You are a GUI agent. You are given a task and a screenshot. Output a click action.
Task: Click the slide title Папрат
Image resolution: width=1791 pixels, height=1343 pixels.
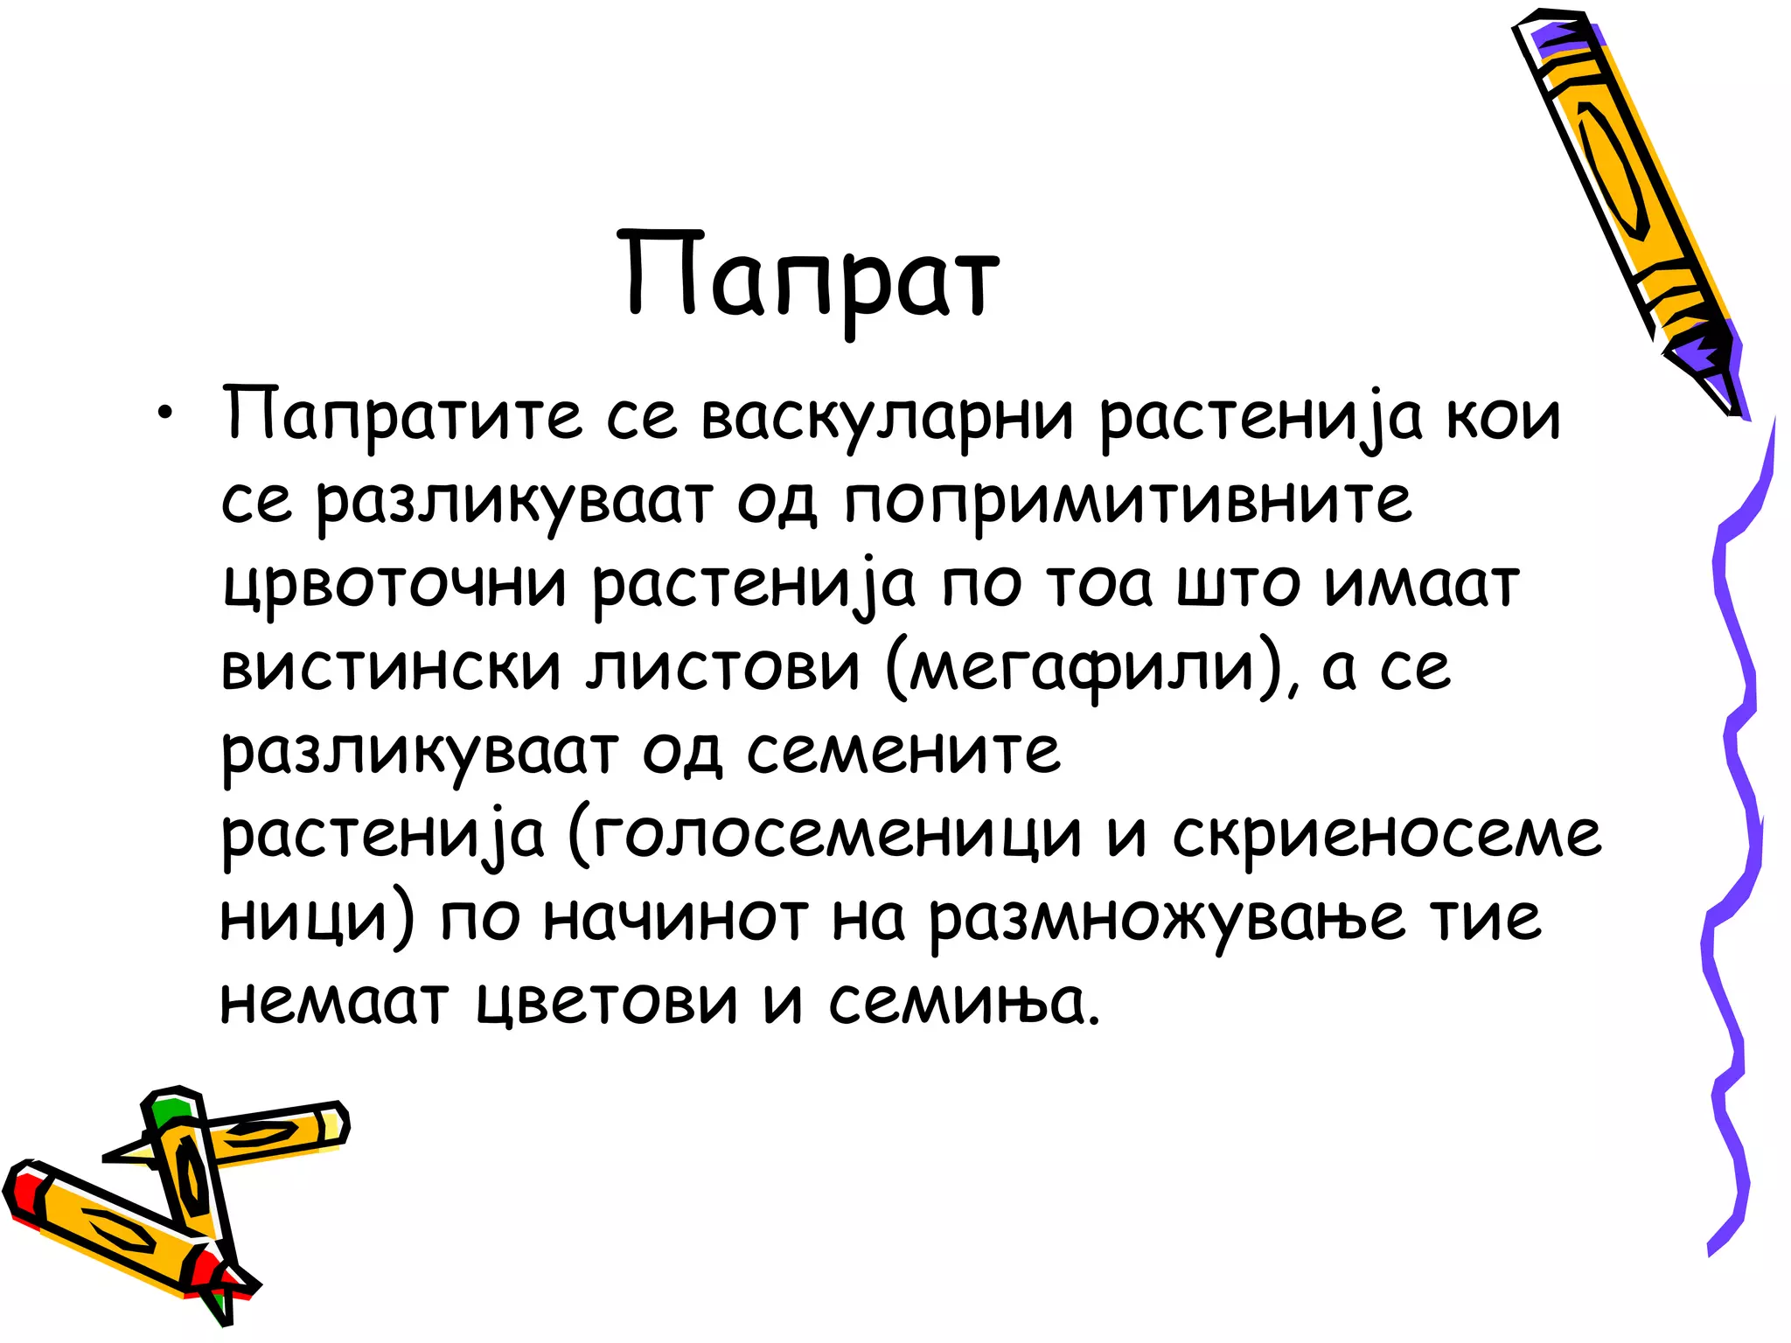point(812,275)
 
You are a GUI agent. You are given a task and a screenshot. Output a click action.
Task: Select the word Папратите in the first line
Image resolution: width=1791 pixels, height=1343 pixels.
point(401,414)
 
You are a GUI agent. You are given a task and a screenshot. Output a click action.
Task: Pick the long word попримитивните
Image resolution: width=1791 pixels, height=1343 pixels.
point(1127,501)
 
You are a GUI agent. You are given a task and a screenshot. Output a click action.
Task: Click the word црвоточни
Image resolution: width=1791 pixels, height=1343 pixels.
point(394,584)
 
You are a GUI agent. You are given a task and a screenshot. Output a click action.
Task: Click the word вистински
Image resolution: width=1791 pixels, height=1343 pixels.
point(390,667)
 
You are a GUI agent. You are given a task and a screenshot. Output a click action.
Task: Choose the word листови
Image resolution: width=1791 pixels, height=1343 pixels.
point(723,667)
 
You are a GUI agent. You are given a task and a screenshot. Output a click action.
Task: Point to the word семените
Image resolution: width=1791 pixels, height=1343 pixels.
point(902,750)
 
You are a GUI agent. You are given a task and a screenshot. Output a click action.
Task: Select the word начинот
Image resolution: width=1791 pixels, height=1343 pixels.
point(675,918)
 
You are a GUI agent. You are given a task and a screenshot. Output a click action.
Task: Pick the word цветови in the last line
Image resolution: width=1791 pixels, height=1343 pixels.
point(608,1001)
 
